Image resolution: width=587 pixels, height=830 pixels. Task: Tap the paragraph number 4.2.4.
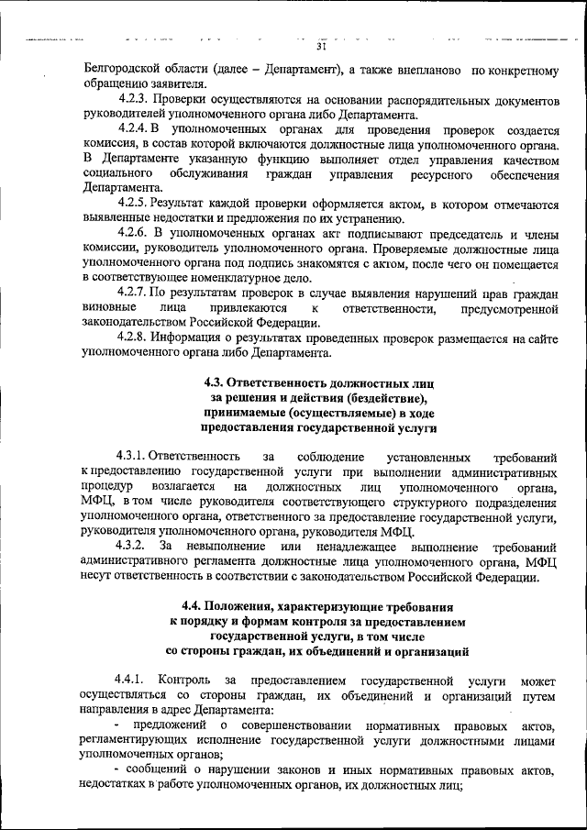135,131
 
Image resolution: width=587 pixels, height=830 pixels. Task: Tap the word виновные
109,307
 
